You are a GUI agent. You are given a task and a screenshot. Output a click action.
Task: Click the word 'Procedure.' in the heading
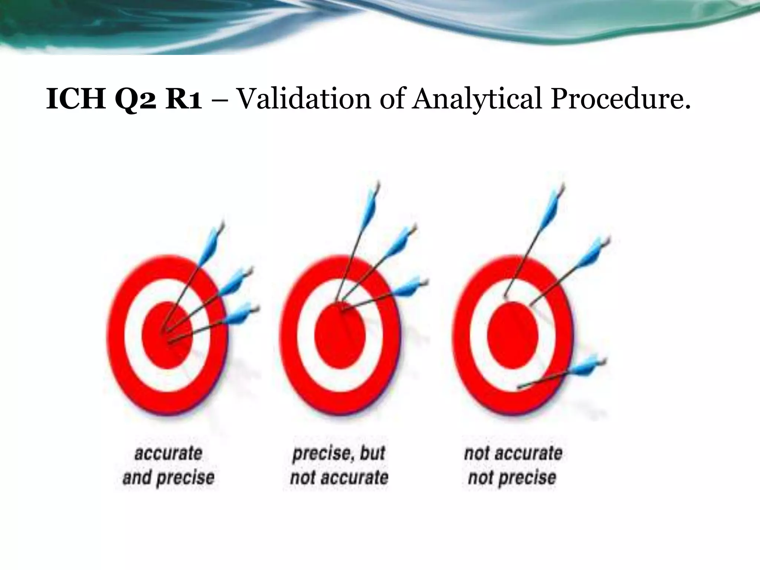click(x=620, y=99)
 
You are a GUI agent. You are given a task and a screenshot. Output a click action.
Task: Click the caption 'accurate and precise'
click(x=168, y=465)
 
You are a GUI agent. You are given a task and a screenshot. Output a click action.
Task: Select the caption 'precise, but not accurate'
click(x=339, y=465)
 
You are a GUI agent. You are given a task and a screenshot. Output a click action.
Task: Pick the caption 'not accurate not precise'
click(x=513, y=465)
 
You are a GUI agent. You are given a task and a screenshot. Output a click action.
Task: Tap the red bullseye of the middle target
click(x=340, y=335)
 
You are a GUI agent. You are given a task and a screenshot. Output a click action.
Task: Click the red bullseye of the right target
click(x=512, y=335)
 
